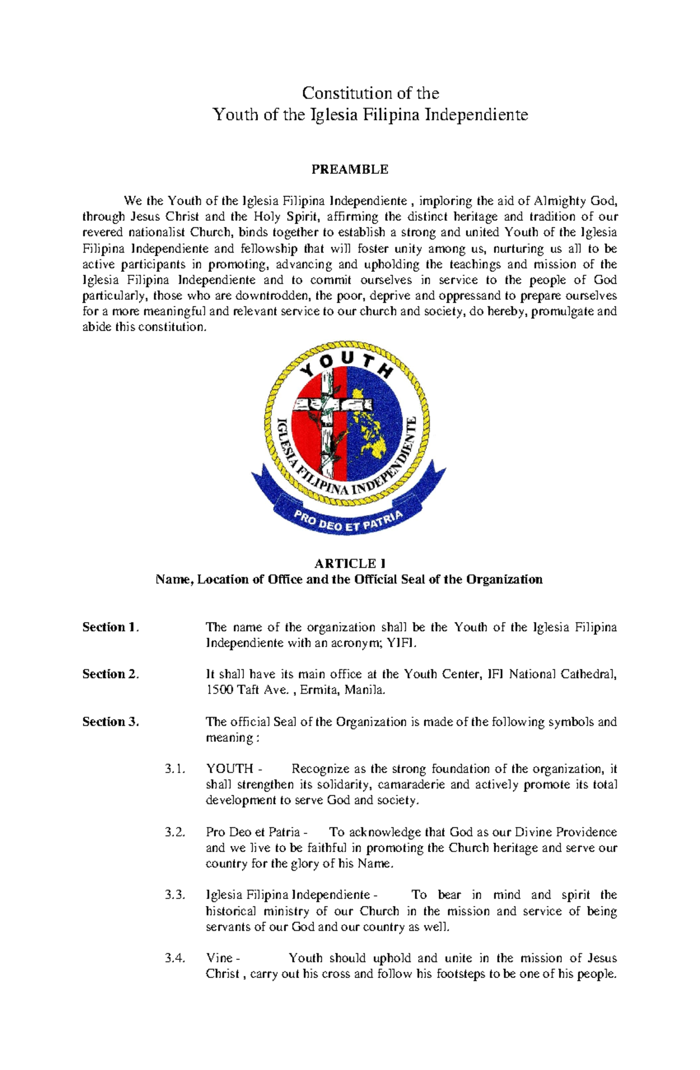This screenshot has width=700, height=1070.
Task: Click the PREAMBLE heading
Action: click(349, 170)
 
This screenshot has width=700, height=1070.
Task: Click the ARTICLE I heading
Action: click(349, 563)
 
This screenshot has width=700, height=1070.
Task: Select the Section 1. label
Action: click(110, 627)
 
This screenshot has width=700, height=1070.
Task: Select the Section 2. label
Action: click(110, 674)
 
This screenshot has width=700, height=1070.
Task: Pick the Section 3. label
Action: click(110, 722)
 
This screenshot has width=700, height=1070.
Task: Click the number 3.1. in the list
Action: click(175, 769)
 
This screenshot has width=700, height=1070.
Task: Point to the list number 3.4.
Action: click(175, 958)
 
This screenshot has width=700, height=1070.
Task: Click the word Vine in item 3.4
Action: click(219, 958)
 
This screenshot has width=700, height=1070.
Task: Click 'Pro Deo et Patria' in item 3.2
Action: click(253, 832)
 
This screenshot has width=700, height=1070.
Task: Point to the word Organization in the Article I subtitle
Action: click(506, 580)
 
